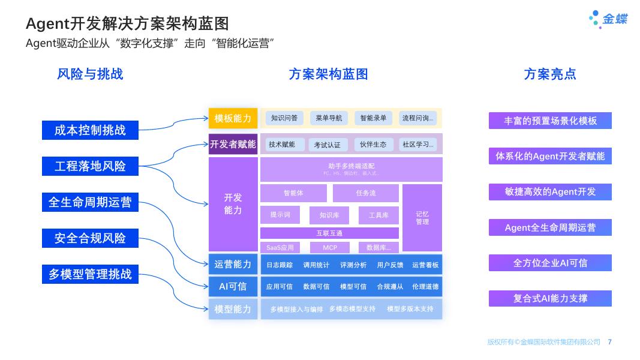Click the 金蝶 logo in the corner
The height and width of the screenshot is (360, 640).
click(x=608, y=19)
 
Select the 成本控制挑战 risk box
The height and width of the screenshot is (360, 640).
click(x=90, y=130)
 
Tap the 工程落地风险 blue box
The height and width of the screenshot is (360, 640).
click(x=90, y=166)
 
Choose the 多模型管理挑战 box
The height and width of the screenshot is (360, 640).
click(x=90, y=274)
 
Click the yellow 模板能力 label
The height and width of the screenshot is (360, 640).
click(x=233, y=118)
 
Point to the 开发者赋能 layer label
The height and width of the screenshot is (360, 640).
click(x=233, y=144)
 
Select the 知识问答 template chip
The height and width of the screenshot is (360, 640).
click(x=284, y=118)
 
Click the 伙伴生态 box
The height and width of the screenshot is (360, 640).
click(x=374, y=145)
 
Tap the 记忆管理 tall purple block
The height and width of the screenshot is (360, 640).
click(x=422, y=218)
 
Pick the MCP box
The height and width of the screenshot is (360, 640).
click(x=329, y=247)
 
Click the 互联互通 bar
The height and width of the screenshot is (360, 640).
click(x=329, y=233)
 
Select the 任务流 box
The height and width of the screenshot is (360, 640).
click(x=365, y=193)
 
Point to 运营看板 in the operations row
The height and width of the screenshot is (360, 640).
click(x=425, y=265)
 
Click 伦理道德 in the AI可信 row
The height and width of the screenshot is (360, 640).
click(x=425, y=287)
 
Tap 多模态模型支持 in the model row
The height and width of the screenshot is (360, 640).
click(x=352, y=309)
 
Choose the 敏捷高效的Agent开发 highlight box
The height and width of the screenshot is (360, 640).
click(x=550, y=192)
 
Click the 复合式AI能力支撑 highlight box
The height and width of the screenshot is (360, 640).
click(x=550, y=298)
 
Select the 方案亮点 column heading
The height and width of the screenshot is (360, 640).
click(x=549, y=74)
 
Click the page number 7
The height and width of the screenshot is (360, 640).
click(x=609, y=342)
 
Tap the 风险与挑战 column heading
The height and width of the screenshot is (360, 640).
click(x=90, y=74)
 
